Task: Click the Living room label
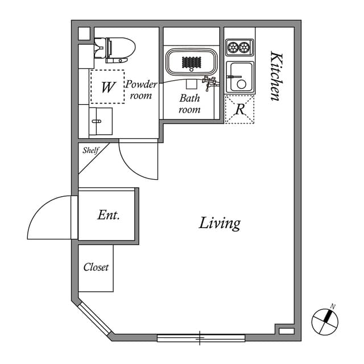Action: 220,223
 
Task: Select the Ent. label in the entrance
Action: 108,215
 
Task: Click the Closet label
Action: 96,267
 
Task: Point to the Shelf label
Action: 91,151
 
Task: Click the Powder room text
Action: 140,90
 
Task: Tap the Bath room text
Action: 190,104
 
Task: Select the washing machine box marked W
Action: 107,87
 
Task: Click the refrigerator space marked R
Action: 239,109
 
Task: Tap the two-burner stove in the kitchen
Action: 239,47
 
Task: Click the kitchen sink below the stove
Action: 239,77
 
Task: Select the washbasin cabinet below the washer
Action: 101,121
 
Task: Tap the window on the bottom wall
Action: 201,338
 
